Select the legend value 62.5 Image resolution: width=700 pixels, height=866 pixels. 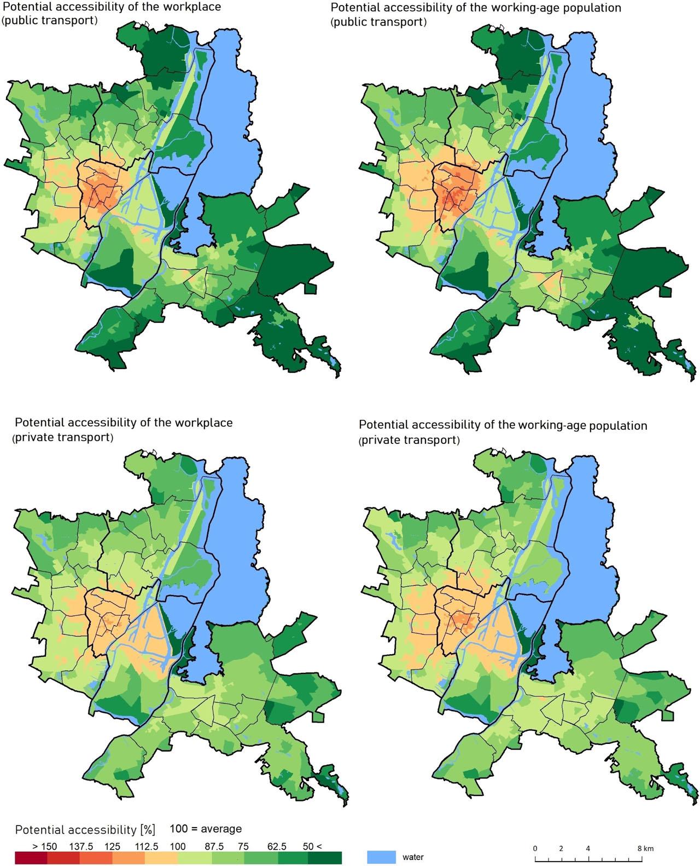click(x=276, y=846)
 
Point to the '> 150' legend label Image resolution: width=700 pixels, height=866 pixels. click(x=44, y=846)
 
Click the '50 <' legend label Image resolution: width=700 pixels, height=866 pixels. click(x=313, y=846)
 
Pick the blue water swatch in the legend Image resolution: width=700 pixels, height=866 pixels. click(x=381, y=857)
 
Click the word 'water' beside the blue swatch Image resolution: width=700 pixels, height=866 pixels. click(x=413, y=857)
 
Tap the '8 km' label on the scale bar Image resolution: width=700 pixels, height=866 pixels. click(x=645, y=848)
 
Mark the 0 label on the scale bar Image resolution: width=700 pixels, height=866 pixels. click(x=535, y=848)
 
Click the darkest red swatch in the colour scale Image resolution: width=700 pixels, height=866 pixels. click(x=31, y=858)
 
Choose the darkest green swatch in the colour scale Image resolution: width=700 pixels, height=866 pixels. click(x=325, y=858)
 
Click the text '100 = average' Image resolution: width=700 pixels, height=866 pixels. click(x=206, y=829)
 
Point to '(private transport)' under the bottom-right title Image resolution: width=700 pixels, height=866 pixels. click(x=409, y=440)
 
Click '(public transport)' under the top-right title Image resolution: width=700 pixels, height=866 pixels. click(x=378, y=22)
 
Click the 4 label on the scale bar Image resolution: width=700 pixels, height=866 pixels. click(x=588, y=848)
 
